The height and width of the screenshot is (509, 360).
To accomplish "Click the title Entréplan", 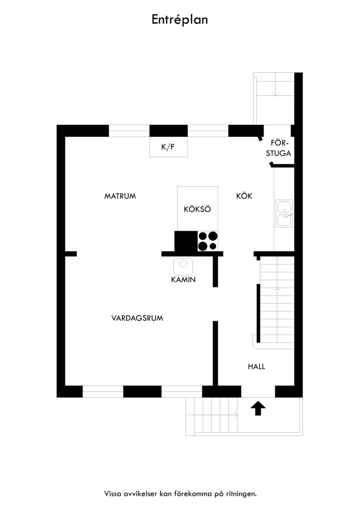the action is [180, 20].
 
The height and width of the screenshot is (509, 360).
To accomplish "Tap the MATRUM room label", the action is [120, 196].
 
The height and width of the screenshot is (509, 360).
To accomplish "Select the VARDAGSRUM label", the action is [137, 318].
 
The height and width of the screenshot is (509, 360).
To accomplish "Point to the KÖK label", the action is [244, 196].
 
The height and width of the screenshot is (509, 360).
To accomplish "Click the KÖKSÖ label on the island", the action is [197, 209].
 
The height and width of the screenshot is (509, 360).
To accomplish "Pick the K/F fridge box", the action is [169, 147].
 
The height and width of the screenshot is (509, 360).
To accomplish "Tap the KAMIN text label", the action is [183, 279].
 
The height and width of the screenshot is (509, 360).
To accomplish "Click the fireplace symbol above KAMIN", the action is [183, 266].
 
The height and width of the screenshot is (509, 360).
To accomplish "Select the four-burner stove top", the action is [208, 241].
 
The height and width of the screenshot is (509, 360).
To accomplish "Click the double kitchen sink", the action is [284, 213].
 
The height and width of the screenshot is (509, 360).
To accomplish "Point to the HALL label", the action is [256, 367].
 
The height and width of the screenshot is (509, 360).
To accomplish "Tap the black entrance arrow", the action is [258, 408].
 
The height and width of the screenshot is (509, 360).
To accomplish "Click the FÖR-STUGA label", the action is [278, 148].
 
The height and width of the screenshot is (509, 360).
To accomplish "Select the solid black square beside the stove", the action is [186, 241].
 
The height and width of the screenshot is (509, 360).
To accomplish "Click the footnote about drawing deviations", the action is [180, 494].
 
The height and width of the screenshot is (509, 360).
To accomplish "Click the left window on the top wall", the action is [129, 131].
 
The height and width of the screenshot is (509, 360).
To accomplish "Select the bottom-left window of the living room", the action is [103, 392].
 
